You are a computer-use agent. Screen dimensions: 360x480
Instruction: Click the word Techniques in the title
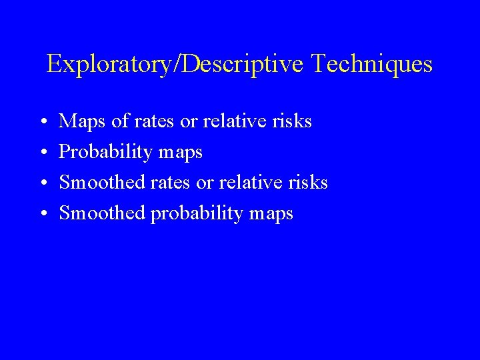tap(372, 65)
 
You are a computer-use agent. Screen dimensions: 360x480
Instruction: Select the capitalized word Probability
tap(106, 153)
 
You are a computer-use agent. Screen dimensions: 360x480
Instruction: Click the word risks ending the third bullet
tap(308, 183)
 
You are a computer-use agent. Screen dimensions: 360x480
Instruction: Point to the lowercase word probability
tap(196, 214)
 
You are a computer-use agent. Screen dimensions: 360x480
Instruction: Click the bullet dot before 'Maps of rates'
tap(43, 123)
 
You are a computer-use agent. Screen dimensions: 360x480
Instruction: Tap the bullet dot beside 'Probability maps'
tap(43, 153)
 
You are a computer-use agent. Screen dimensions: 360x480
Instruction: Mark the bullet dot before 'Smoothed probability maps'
tap(43, 215)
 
